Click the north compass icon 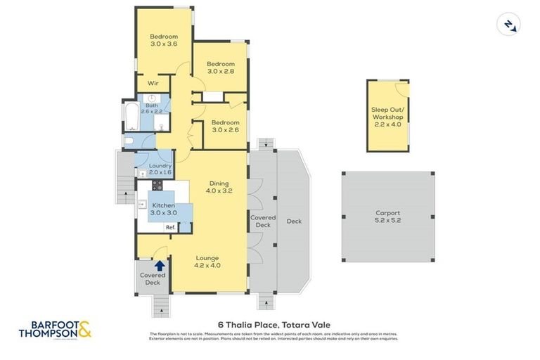click(508, 25)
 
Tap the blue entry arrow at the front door click(160, 266)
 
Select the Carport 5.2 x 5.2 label click(387, 217)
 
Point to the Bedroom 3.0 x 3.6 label click(164, 40)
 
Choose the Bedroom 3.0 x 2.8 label click(221, 67)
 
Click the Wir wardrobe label click(153, 83)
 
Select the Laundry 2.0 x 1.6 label click(155, 169)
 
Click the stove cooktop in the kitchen click(157, 186)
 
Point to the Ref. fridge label click(170, 227)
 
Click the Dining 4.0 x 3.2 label click(219, 187)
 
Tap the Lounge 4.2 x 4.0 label click(207, 262)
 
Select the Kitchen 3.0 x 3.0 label click(164, 209)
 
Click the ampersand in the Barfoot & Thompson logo click(84, 329)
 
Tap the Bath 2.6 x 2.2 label click(152, 108)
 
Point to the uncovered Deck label click(294, 221)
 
